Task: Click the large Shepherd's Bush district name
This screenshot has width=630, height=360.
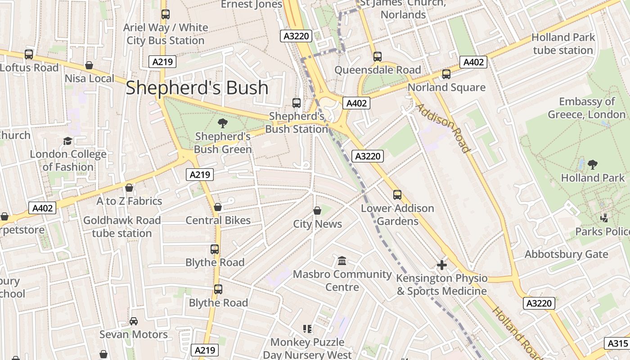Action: pyautogui.click(x=197, y=88)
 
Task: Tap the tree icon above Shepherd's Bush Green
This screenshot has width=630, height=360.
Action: pyautogui.click(x=222, y=123)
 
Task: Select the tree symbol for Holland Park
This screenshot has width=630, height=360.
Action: pyautogui.click(x=593, y=165)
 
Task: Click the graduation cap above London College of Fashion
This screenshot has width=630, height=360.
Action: pyautogui.click(x=67, y=141)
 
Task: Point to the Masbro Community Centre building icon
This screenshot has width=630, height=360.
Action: pyautogui.click(x=342, y=261)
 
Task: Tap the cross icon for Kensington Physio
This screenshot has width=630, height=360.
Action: pyautogui.click(x=442, y=265)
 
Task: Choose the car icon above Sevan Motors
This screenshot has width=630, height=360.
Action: pyautogui.click(x=134, y=321)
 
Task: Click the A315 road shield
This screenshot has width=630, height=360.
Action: pyautogui.click(x=617, y=343)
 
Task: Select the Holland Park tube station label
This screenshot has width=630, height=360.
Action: pyautogui.click(x=563, y=44)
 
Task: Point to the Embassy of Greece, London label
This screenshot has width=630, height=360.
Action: pyautogui.click(x=586, y=108)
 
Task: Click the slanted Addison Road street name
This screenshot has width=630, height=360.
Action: pyautogui.click(x=443, y=128)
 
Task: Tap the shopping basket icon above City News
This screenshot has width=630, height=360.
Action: pyautogui.click(x=317, y=211)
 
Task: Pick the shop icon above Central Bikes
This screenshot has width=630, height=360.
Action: pyautogui.click(x=218, y=207)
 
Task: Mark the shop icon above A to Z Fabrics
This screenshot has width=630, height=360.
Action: pyautogui.click(x=129, y=188)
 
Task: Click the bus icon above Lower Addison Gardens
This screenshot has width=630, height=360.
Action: pyautogui.click(x=397, y=194)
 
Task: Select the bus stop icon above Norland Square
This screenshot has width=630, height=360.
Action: pyautogui.click(x=446, y=74)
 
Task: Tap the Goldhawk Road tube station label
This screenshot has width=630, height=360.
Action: pyautogui.click(x=122, y=227)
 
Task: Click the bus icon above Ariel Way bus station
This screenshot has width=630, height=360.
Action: pyautogui.click(x=165, y=14)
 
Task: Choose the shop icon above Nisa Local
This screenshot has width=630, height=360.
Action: pyautogui.click(x=89, y=66)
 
